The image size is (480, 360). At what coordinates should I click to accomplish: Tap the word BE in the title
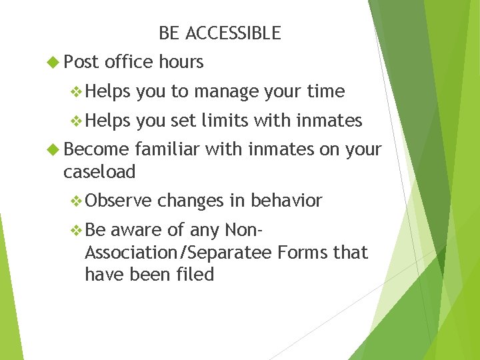[169, 33]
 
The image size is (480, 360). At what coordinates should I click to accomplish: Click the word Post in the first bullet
[81, 62]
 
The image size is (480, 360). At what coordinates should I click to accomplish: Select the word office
[129, 62]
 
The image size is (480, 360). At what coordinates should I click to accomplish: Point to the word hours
[181, 62]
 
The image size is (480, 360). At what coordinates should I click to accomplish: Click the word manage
[227, 91]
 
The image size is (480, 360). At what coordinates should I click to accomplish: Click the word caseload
[99, 172]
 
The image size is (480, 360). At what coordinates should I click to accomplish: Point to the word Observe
[119, 201]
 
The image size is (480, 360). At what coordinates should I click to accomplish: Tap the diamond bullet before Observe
[77, 201]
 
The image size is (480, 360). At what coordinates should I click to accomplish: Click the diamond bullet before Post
[53, 62]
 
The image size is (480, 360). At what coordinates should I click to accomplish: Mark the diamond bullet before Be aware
[77, 230]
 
